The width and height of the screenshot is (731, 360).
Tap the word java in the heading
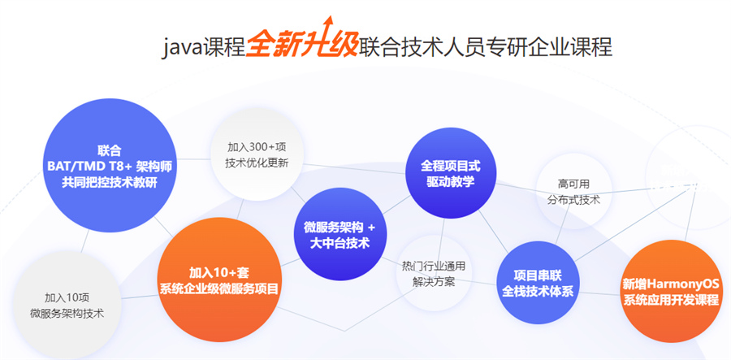(182, 48)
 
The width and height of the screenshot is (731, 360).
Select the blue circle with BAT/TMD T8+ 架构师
(110, 166)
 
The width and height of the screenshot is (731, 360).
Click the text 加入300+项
(257, 147)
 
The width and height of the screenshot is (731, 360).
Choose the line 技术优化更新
(257, 163)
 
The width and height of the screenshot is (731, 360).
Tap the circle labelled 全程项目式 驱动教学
(450, 173)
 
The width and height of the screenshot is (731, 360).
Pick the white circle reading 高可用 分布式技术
(573, 191)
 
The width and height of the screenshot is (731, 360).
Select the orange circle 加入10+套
(219, 280)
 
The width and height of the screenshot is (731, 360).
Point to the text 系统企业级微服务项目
(219, 288)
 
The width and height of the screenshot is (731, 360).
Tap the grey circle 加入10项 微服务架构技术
(67, 305)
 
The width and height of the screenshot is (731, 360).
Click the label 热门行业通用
(434, 267)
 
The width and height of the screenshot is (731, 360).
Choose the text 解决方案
(434, 282)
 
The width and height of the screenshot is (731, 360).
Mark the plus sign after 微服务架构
(371, 228)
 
